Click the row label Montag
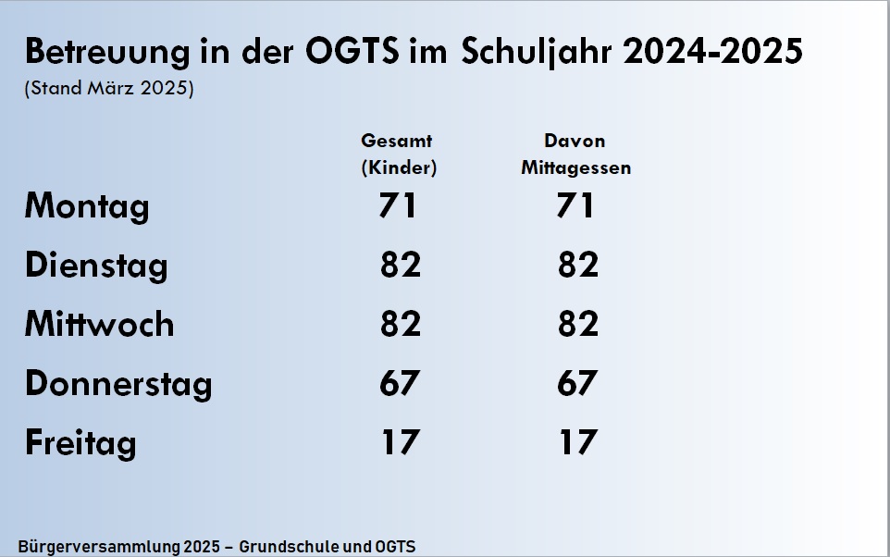[86, 205]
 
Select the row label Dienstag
[96, 266]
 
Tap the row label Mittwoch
[99, 324]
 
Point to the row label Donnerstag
[118, 383]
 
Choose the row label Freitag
[80, 442]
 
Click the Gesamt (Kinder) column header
[398, 155]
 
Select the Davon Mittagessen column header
[575, 155]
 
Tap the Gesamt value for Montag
[398, 205]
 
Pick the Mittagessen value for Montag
[575, 205]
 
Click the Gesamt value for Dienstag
[400, 266]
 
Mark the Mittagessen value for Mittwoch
[577, 324]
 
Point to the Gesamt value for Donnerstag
[400, 383]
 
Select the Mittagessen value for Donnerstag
[577, 383]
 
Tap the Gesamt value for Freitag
[400, 442]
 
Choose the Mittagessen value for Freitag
[577, 442]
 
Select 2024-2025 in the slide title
[712, 52]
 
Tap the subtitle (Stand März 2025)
[109, 91]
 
